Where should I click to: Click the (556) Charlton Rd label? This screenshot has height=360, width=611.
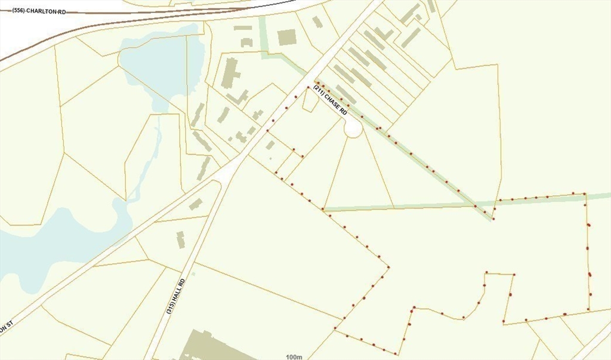pos(39,11)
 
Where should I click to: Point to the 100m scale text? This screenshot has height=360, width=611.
pos(294,356)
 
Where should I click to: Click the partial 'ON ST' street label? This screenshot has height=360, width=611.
pos(6,327)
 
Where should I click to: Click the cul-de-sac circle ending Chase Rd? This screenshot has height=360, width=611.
pos(353,128)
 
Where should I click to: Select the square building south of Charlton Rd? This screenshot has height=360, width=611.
pos(287,37)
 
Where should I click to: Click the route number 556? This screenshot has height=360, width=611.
pos(18,11)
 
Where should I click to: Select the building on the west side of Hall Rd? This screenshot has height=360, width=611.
pos(180,239)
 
